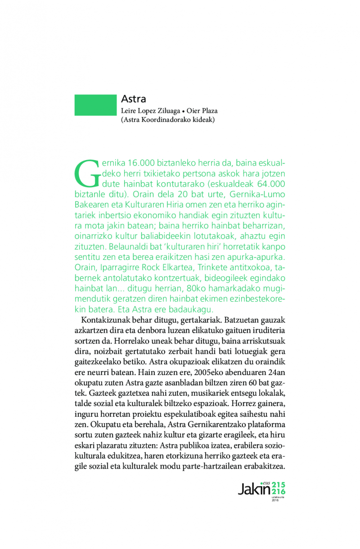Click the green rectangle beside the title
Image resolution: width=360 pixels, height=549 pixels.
95,105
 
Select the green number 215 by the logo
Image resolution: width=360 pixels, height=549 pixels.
278,484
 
